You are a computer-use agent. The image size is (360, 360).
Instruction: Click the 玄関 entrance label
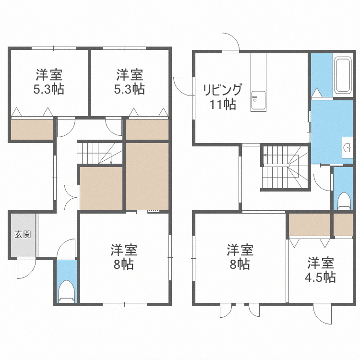coord(23,234)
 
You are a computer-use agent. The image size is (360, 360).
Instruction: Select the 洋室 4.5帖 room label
coord(321,270)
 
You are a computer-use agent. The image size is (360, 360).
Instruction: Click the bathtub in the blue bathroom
coord(342,75)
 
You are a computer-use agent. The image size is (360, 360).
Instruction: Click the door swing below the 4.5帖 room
coord(322,314)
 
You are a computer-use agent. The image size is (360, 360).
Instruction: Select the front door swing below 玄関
coord(25,268)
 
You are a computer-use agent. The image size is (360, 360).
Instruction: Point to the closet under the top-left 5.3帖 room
coord(32,130)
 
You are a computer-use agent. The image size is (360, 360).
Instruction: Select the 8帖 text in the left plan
coord(124,264)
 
